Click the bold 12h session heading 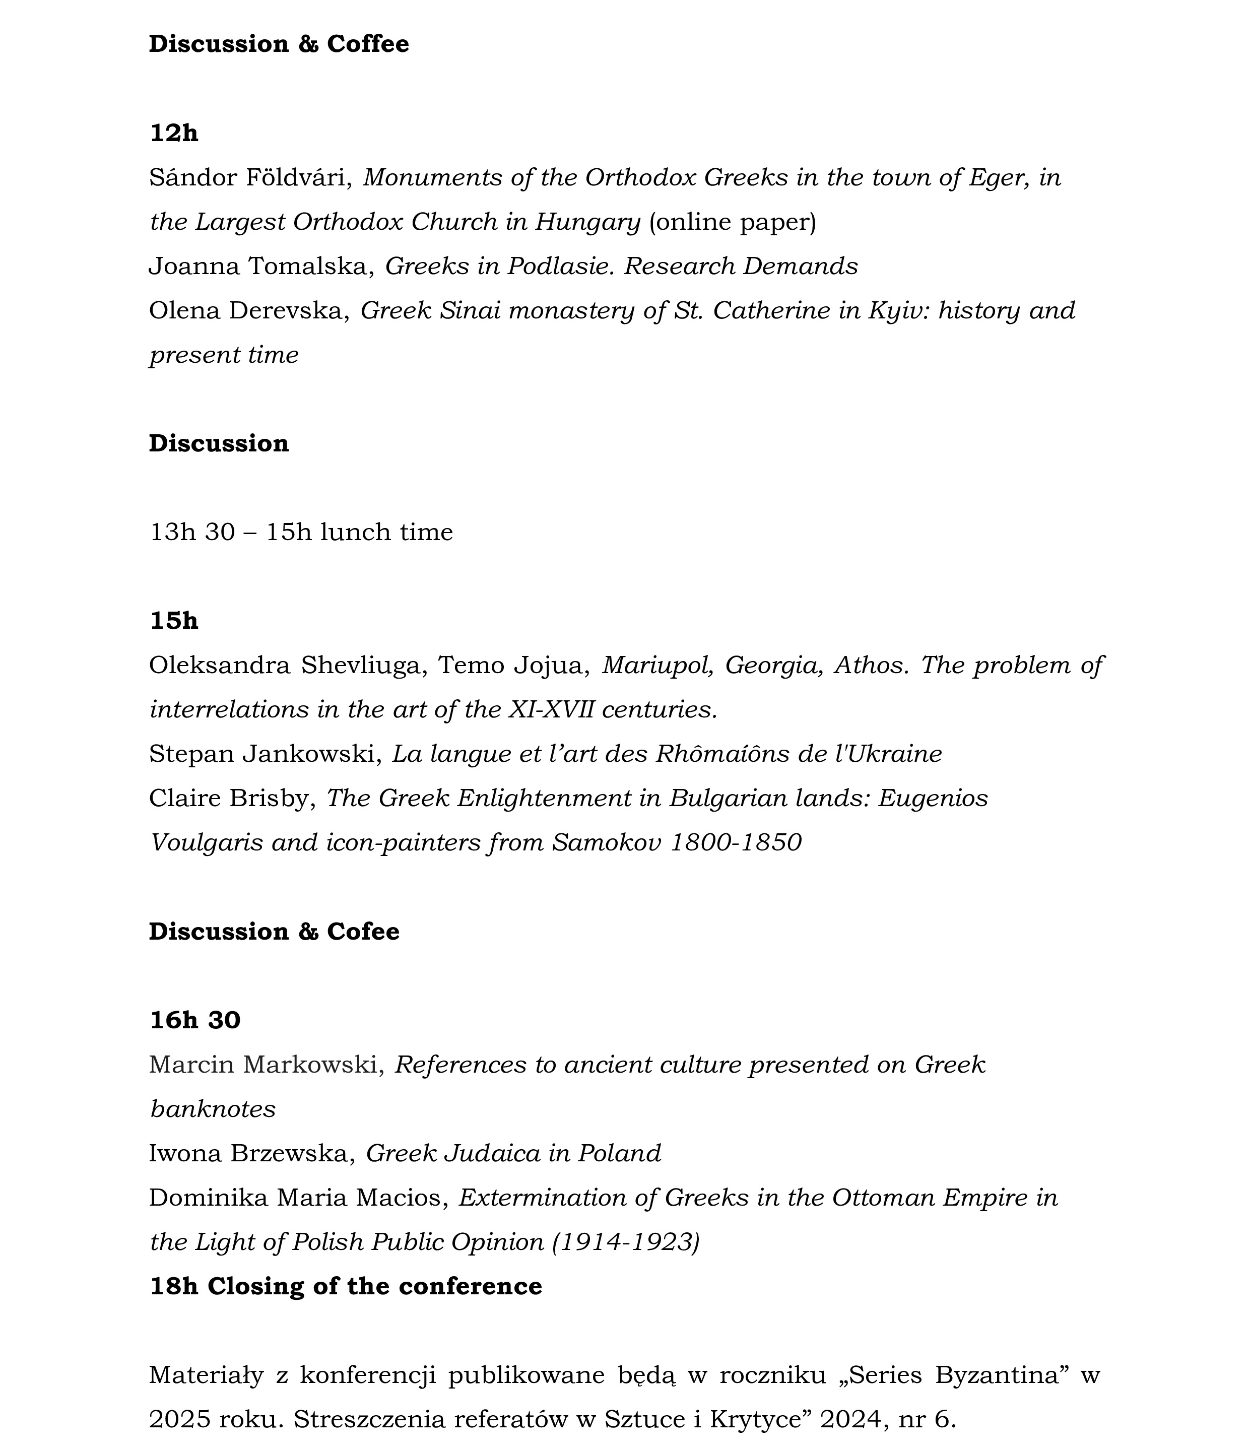[174, 133]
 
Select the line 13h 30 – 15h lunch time [301, 532]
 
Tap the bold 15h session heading [174, 621]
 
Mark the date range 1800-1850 [735, 842]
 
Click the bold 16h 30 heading [194, 1020]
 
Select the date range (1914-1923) [626, 1241]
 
